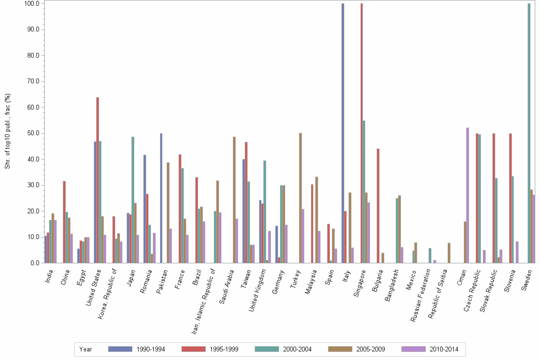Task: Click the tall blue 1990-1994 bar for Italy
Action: [342, 133]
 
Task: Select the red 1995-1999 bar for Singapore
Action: [361, 133]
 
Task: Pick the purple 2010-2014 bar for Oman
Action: [468, 195]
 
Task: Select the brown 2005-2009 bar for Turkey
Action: [300, 198]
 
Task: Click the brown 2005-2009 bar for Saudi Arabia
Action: [234, 200]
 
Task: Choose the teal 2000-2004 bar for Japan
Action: [133, 200]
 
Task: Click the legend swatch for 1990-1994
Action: [120, 349]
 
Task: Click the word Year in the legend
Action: [86, 350]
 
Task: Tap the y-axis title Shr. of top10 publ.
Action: [8, 131]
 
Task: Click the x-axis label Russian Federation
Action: [420, 293]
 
